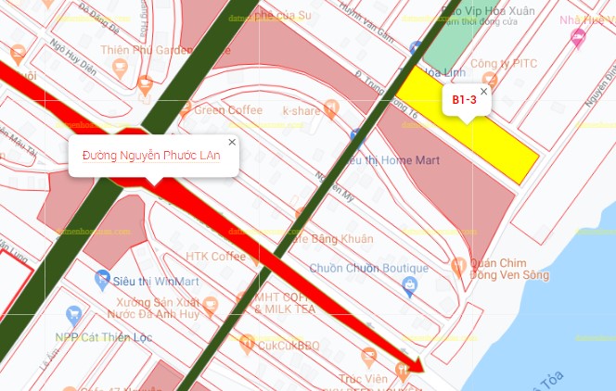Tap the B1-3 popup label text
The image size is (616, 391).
coord(464,99)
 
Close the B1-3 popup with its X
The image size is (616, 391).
coord(483,91)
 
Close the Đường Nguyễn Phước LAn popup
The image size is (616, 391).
coord(232,142)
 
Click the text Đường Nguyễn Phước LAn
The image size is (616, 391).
coord(151,156)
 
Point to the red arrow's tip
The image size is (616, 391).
coord(422,368)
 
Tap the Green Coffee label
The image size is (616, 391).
coord(228,110)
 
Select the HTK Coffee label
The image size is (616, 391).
coord(215,257)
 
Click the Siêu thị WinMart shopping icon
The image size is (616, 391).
coord(103,277)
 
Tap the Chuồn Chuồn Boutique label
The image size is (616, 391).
coord(368,268)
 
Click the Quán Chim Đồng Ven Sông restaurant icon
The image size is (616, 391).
coord(457,267)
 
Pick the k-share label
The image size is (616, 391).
coord(302,111)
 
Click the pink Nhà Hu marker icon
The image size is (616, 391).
coord(579,38)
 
